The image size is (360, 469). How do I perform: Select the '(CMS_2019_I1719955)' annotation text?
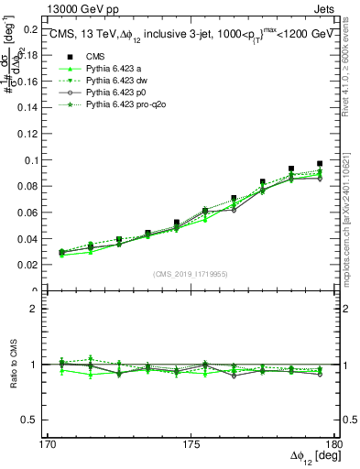pyautogui.click(x=191, y=273)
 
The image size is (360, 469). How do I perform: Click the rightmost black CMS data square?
pyautogui.click(x=320, y=164)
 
